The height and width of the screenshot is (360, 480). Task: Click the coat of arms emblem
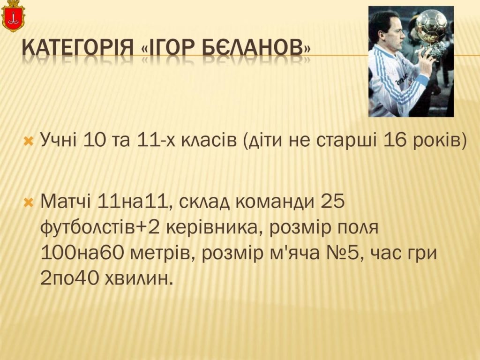coord(13,16)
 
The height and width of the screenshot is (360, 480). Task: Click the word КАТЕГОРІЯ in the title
coord(78,48)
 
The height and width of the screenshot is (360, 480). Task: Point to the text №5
coord(340,253)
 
